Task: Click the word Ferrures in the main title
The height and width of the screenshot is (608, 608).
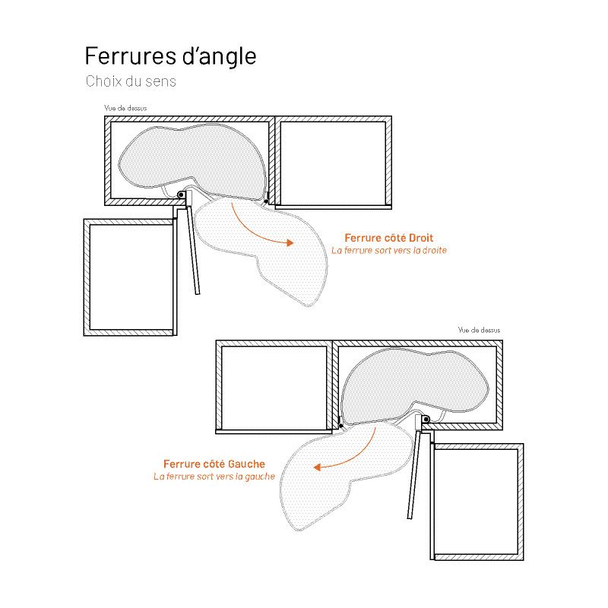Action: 129,55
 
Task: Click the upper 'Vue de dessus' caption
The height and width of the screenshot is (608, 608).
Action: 125,108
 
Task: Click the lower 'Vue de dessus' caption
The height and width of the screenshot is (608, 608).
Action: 479,330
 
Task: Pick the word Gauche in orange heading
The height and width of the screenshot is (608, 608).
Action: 246,464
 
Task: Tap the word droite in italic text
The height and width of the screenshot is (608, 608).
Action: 434,250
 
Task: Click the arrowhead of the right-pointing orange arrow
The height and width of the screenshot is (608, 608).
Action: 290,243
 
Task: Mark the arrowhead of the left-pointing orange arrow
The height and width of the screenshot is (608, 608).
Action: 318,467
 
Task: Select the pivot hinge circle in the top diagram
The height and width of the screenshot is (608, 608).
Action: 181,195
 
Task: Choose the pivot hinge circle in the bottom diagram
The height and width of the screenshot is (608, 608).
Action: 426,420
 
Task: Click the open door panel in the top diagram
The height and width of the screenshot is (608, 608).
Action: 193,250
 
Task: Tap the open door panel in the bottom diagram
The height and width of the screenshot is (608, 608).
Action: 413,474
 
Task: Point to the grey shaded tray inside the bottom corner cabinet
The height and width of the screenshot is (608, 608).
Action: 415,388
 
